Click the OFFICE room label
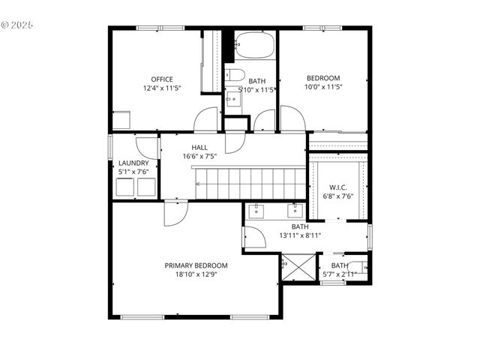(x=162, y=79)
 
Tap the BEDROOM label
(x=323, y=78)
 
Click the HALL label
(x=199, y=148)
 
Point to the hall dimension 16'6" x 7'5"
(x=199, y=157)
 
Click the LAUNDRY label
(x=133, y=163)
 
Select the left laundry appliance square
(x=124, y=187)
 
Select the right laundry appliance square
(x=145, y=187)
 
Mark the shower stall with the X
(x=298, y=268)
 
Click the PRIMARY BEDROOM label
(x=196, y=265)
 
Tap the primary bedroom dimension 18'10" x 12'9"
(x=196, y=274)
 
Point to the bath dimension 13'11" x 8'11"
(x=300, y=235)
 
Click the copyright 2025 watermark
(x=17, y=25)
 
